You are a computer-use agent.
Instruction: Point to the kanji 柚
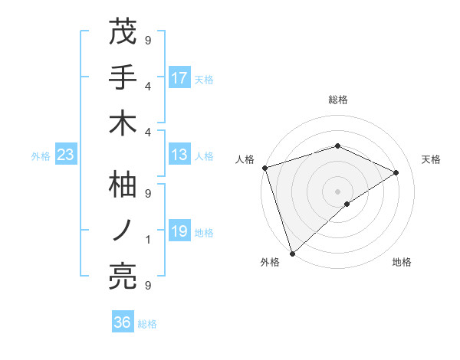(123, 185)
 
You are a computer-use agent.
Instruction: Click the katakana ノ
(123, 231)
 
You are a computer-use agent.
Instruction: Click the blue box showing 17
(179, 78)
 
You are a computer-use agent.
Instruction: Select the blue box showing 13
(179, 155)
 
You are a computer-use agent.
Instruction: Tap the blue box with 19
(179, 231)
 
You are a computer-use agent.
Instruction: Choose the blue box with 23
(65, 155)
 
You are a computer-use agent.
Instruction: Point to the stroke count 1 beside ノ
(148, 240)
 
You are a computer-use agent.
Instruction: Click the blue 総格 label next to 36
(147, 324)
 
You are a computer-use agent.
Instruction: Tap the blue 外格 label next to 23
(41, 156)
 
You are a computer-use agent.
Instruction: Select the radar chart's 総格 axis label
(337, 100)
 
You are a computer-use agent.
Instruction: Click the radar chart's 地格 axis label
(402, 262)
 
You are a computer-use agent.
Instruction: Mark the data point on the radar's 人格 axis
(264, 167)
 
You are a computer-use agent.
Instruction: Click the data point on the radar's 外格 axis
(293, 252)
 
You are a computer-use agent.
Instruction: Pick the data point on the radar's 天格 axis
(396, 172)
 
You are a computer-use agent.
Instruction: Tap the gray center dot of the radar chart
(337, 191)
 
